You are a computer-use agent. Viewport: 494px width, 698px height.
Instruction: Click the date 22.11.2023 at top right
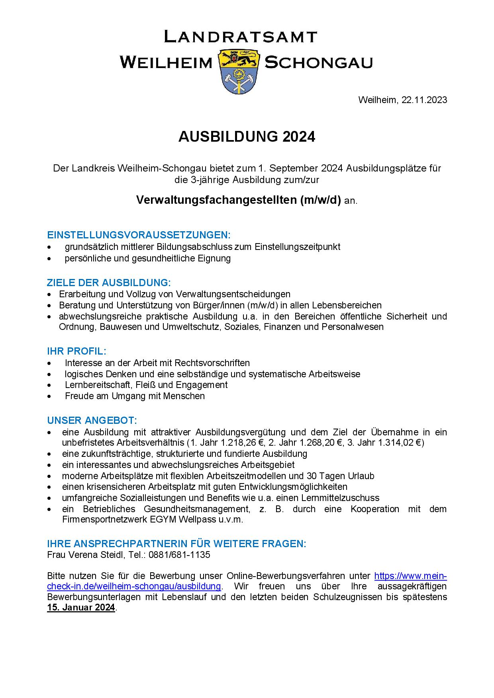click(x=424, y=100)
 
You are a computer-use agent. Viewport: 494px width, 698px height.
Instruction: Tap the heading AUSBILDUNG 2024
click(x=247, y=136)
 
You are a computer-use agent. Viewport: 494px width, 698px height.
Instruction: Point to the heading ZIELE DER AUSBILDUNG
click(x=109, y=283)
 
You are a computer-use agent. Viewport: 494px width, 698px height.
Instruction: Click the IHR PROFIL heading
click(x=76, y=351)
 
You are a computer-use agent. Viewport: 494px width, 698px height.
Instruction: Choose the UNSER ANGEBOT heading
click(x=92, y=420)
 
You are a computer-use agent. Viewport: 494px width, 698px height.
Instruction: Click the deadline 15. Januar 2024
click(x=81, y=608)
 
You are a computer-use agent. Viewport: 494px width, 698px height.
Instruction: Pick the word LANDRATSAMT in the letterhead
click(x=241, y=37)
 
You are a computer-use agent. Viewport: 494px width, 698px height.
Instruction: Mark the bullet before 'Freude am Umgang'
click(x=49, y=396)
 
